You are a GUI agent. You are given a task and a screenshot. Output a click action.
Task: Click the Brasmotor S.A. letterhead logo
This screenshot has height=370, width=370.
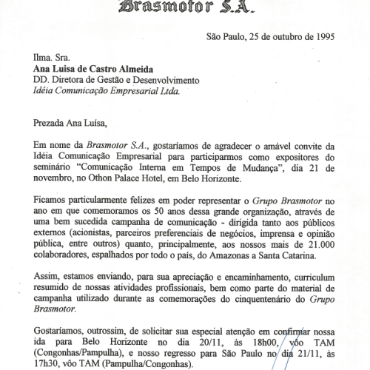[x=220, y=8]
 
